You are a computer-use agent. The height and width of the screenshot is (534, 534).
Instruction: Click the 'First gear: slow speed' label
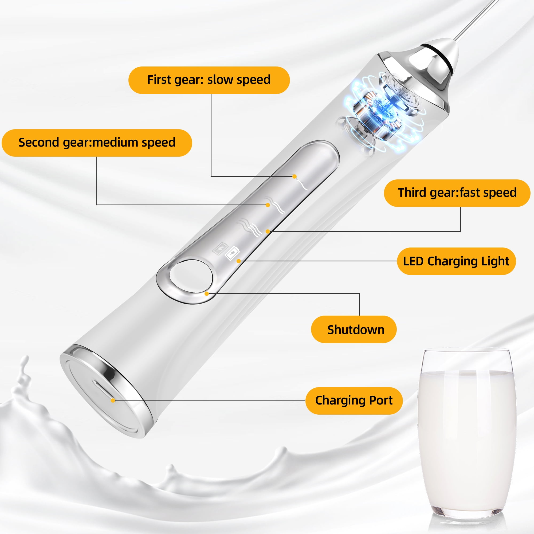(x=209, y=80)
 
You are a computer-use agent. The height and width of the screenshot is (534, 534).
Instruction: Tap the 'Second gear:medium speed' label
(x=97, y=143)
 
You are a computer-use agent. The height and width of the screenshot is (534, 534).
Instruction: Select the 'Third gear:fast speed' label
(x=457, y=193)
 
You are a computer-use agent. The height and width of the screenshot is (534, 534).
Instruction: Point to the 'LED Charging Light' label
(x=456, y=261)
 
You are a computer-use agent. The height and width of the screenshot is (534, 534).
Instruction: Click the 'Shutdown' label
(x=354, y=329)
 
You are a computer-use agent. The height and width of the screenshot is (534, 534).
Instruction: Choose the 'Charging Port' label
(x=354, y=400)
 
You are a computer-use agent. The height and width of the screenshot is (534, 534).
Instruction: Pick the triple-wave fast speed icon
(x=250, y=227)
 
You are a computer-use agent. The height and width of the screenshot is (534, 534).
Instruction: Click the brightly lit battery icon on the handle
(x=232, y=253)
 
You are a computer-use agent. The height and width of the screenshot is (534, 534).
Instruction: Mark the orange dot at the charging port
(x=113, y=400)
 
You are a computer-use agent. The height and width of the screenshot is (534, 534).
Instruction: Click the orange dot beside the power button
(x=206, y=293)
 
